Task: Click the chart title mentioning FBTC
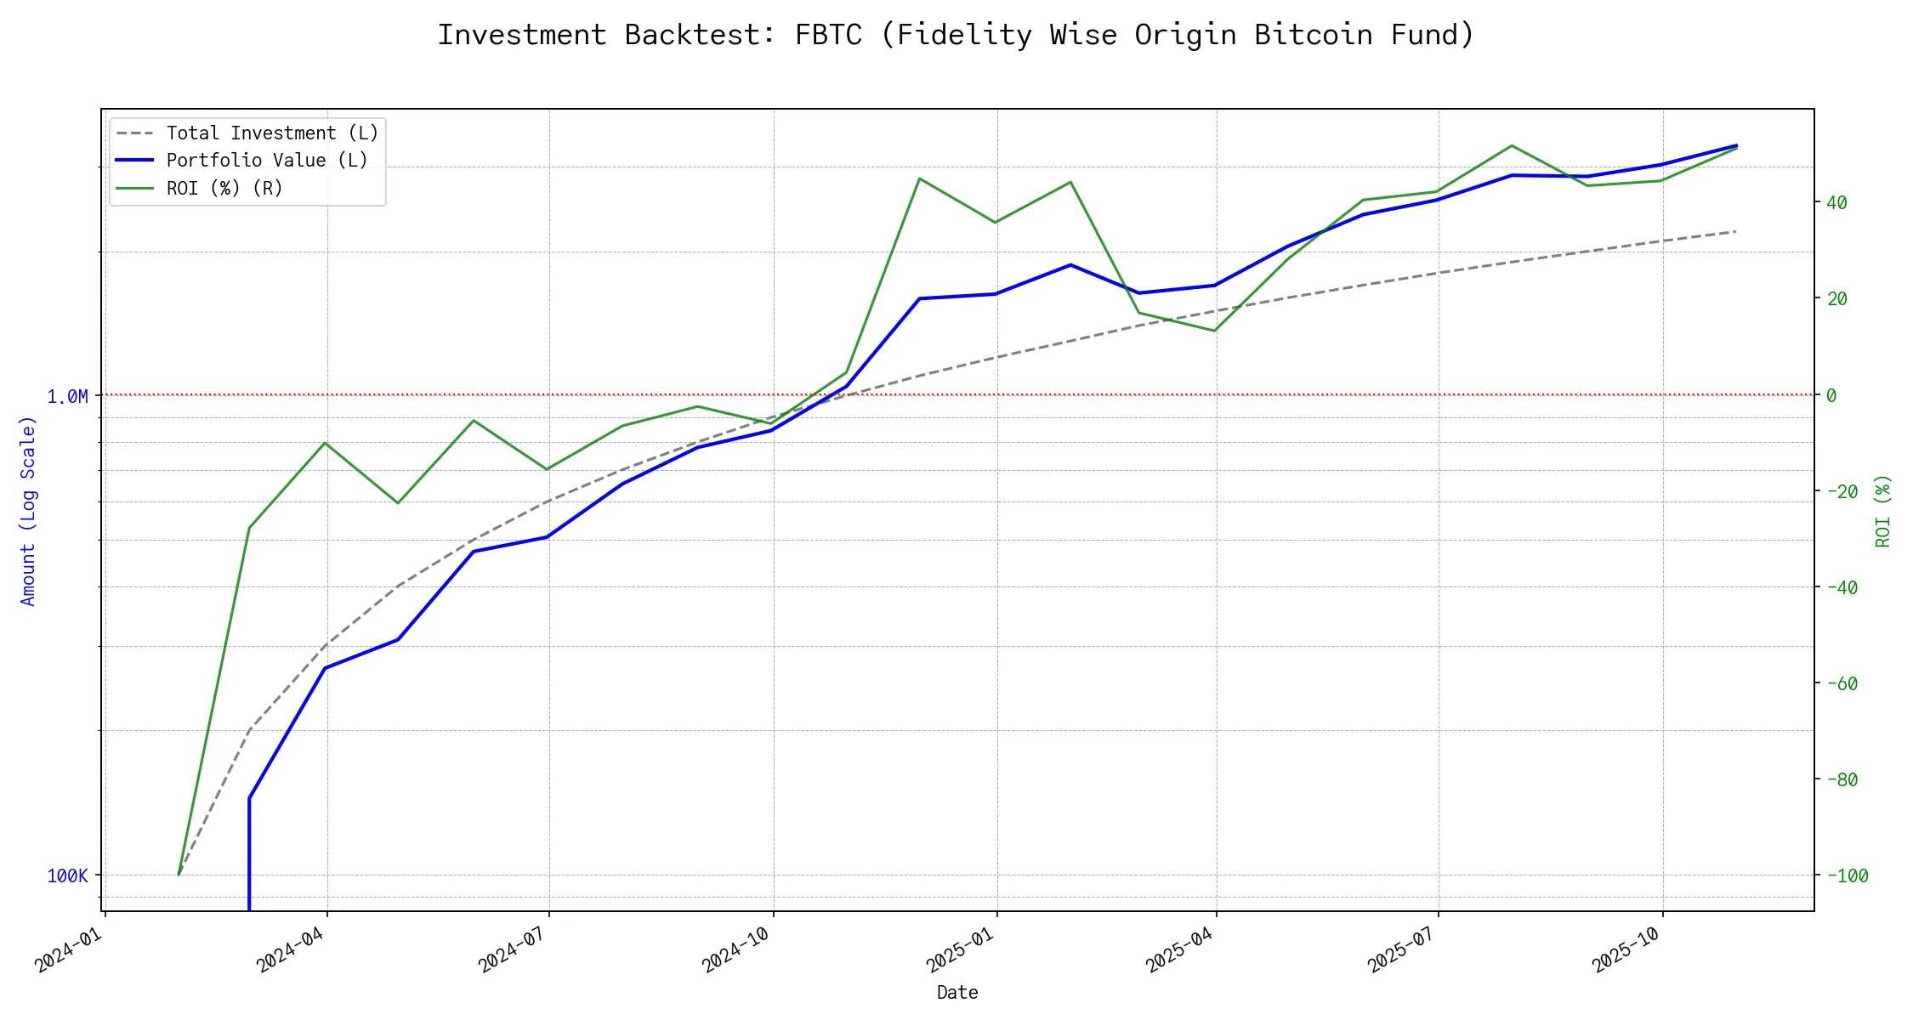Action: click(956, 35)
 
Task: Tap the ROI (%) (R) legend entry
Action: click(224, 188)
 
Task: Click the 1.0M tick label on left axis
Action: click(67, 396)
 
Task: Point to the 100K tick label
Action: click(67, 876)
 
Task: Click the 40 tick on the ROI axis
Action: click(1836, 203)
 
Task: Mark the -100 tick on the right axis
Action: click(1846, 875)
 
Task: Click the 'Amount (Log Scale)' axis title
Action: click(28, 511)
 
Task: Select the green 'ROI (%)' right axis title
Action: click(1883, 511)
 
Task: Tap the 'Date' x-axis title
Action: click(957, 992)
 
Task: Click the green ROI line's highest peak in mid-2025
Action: click(1512, 145)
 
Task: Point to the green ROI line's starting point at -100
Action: click(179, 875)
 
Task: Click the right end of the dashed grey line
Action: click(1735, 231)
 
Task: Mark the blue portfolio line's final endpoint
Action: click(1736, 145)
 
